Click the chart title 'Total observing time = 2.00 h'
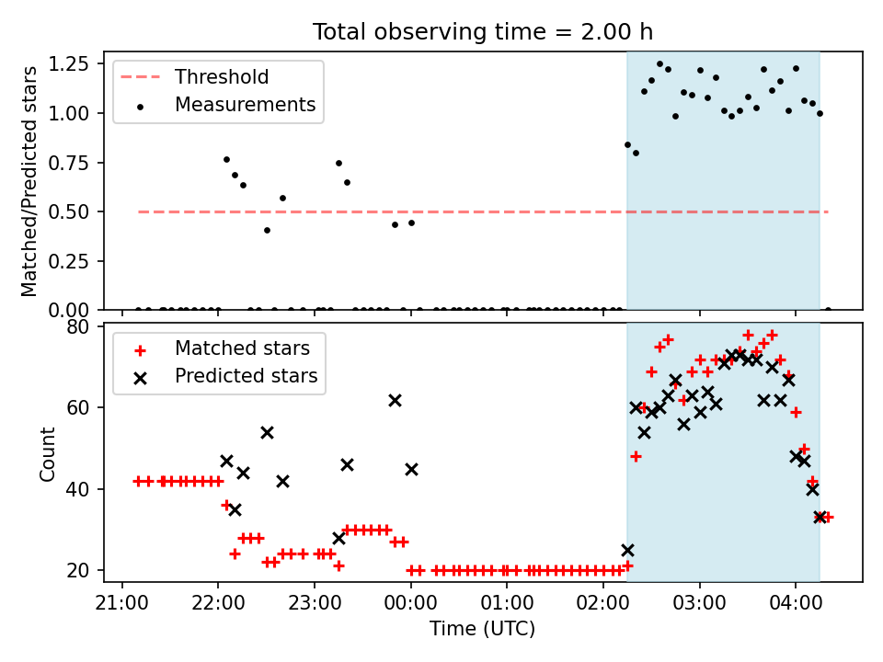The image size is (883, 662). tap(483, 32)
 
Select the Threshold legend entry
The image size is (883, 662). tap(194, 76)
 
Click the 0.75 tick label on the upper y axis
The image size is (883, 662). tap(69, 163)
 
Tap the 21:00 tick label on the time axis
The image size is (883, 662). tap(122, 603)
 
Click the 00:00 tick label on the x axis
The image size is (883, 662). tap(410, 603)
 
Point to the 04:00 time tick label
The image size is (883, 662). tap(796, 603)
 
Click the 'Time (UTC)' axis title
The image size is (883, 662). tap(483, 628)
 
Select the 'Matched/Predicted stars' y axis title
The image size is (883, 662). tap(29, 181)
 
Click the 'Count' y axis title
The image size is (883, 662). tap(47, 453)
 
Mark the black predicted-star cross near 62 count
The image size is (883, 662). tap(395, 400)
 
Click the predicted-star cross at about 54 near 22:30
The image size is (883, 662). tap(267, 432)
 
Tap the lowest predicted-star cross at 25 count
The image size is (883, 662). tap(627, 550)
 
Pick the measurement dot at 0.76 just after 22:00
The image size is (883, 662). tap(226, 159)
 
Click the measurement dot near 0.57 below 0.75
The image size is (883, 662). tap(282, 199)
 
